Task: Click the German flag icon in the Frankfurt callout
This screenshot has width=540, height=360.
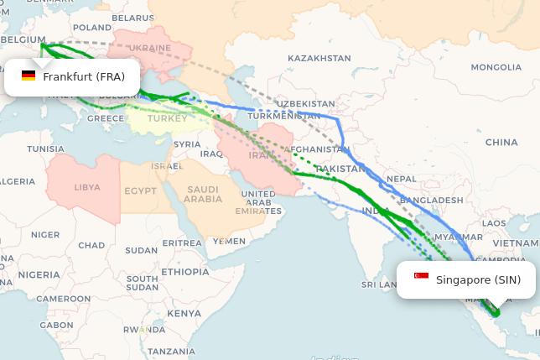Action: pos(29,76)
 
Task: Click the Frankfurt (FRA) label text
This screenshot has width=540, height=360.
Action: pos(84,77)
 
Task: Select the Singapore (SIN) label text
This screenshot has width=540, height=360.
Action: pos(478,279)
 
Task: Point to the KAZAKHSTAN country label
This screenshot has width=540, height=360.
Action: pos(319,58)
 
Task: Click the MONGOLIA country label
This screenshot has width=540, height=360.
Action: pos(496,67)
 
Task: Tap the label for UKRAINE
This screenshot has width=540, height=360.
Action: pos(151,48)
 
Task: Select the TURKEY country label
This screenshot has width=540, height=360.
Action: pos(168,118)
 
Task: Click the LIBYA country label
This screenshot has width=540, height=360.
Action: pos(87,188)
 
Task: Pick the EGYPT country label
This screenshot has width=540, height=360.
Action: pos(140,191)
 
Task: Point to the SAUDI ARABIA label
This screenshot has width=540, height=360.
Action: pos(203,194)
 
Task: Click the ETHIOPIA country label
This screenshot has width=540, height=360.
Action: pos(185,272)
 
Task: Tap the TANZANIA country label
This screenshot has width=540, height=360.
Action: pos(171,351)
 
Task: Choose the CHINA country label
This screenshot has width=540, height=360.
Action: pos(501,143)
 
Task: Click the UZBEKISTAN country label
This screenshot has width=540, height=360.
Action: pos(305,103)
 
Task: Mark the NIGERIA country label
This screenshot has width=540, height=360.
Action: pos(39,274)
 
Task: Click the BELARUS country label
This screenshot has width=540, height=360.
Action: pos(132,18)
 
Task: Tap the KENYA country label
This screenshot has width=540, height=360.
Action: pos(184,313)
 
